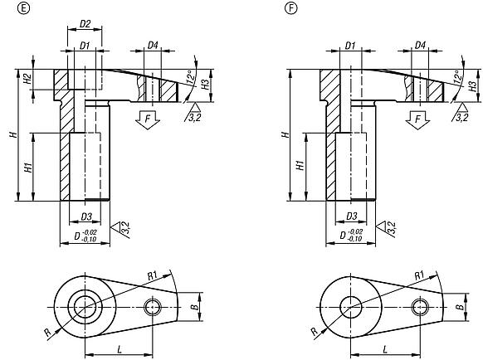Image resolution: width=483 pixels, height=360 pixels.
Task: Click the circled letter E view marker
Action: (x=9, y=9)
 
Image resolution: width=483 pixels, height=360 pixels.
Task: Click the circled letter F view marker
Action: (x=290, y=9)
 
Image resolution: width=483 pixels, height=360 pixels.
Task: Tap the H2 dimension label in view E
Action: (x=27, y=80)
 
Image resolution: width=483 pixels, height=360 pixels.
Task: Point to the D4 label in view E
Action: (x=154, y=44)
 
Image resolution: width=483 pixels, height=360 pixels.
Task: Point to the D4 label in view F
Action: (x=420, y=44)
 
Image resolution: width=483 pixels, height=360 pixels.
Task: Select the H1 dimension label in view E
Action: (x=27, y=167)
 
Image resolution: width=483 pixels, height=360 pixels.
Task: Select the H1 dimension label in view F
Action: (x=296, y=167)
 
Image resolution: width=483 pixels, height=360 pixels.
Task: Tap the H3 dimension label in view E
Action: (x=205, y=85)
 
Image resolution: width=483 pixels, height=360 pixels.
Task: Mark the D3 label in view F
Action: (x=351, y=216)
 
